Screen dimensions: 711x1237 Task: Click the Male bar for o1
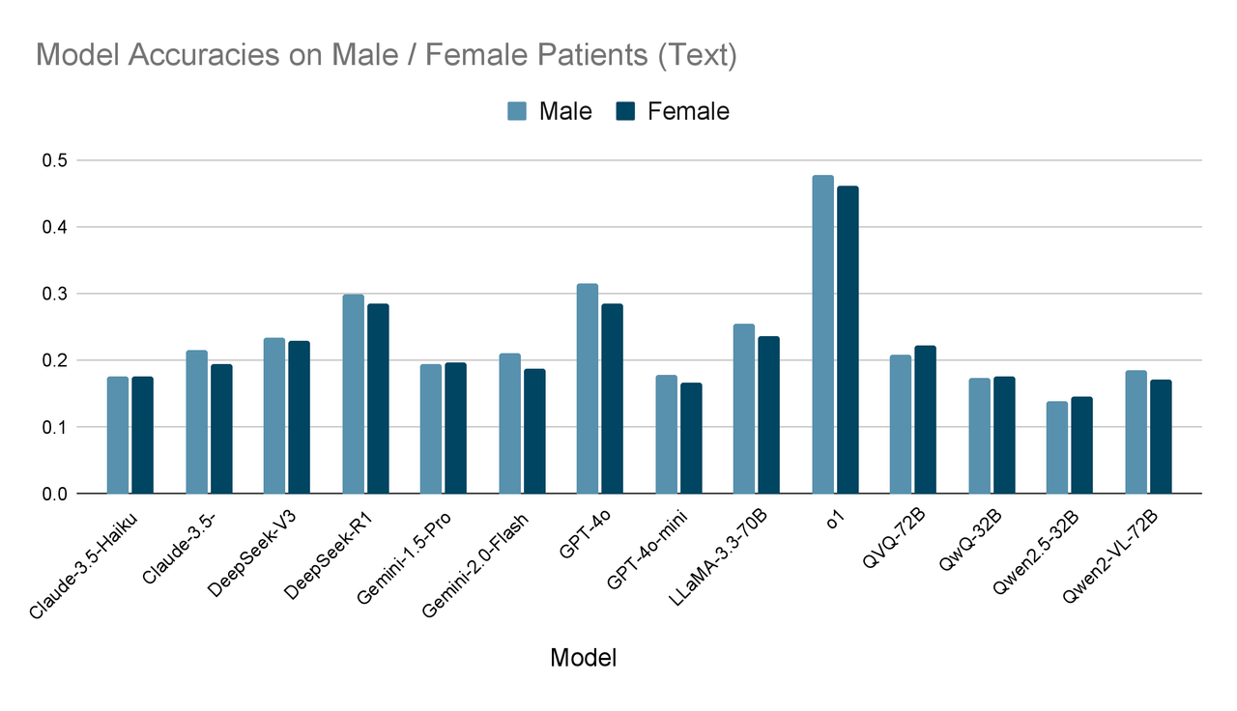click(x=822, y=334)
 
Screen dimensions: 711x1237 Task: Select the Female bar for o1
click(x=848, y=340)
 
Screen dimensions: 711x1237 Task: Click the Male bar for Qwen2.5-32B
click(x=1057, y=447)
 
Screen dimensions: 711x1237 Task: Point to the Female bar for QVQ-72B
click(x=925, y=419)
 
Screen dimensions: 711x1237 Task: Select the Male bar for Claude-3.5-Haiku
click(x=118, y=435)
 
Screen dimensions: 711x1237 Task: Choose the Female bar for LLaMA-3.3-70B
click(x=769, y=414)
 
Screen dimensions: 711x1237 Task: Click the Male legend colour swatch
click(x=517, y=112)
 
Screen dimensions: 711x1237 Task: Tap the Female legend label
click(x=688, y=112)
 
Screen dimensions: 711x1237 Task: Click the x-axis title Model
click(x=583, y=659)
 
